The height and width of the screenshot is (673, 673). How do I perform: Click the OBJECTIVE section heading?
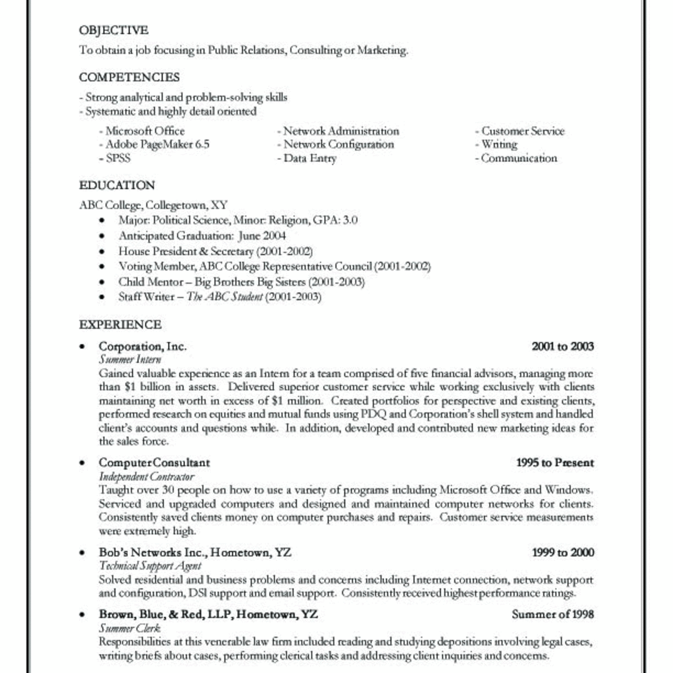114,30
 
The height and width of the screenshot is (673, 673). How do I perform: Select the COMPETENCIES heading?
130,77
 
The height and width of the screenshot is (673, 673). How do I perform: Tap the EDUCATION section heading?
117,186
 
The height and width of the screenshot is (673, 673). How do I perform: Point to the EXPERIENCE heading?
120,325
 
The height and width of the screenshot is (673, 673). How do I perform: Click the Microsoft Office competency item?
145,131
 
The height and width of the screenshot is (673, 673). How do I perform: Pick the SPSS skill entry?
118,158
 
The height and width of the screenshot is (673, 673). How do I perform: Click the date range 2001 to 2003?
563,347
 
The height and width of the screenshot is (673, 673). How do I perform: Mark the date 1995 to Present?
555,463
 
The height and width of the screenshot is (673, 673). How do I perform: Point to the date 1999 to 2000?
563,552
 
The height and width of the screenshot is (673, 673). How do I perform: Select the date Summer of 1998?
552,614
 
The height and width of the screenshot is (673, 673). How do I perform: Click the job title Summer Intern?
130,359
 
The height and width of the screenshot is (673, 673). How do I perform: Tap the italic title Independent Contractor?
146,477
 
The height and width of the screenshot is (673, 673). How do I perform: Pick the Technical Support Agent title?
150,566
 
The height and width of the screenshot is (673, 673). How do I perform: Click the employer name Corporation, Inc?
142,347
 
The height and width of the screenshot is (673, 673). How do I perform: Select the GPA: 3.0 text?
335,220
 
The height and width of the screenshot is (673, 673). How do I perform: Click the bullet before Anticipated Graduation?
102,237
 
